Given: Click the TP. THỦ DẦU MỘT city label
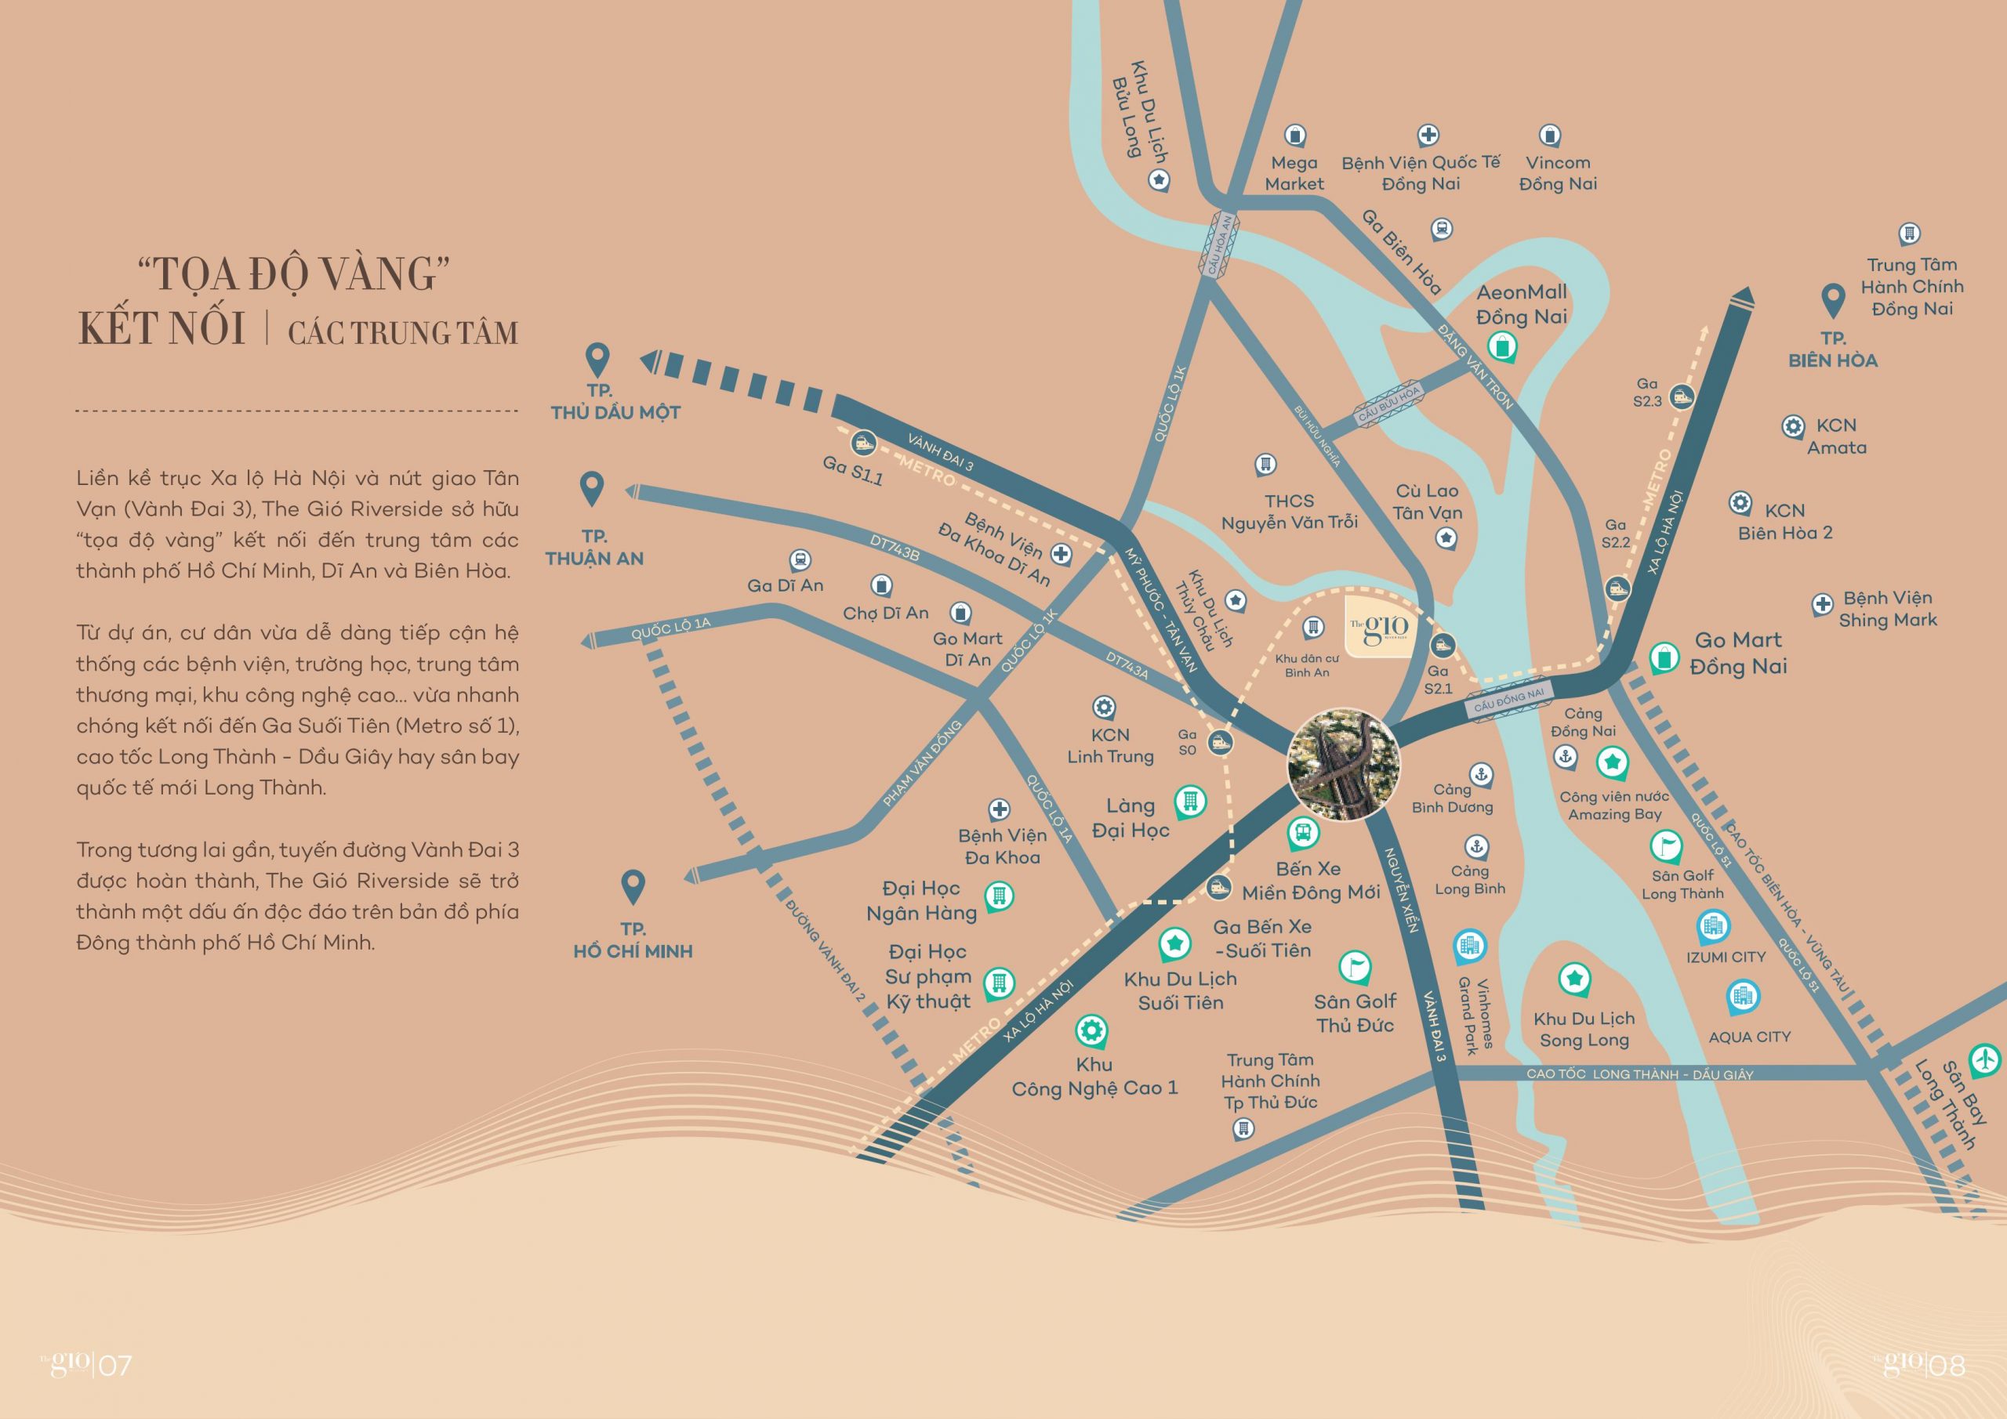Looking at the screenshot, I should (x=615, y=402).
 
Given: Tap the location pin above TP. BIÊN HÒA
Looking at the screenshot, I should (x=1832, y=301).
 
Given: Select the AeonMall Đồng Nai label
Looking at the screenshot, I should (x=1521, y=304).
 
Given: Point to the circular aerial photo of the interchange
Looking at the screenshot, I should (x=1344, y=765).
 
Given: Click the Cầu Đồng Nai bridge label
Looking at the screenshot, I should (x=1508, y=698).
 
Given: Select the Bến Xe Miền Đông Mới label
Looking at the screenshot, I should (x=1310, y=880).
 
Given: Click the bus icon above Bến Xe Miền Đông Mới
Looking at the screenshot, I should (x=1302, y=831).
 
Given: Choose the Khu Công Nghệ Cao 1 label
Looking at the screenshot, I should (x=1094, y=1076).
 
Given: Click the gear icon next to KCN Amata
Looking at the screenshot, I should (x=1792, y=426).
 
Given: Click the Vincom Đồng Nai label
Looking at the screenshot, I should (x=1558, y=173).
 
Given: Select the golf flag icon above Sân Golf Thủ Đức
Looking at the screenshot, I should (x=1354, y=966).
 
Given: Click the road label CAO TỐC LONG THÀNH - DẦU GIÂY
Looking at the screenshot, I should (x=1639, y=1074).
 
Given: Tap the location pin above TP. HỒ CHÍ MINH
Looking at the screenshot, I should (x=632, y=886).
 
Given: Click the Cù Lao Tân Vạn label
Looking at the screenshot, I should (x=1427, y=502).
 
